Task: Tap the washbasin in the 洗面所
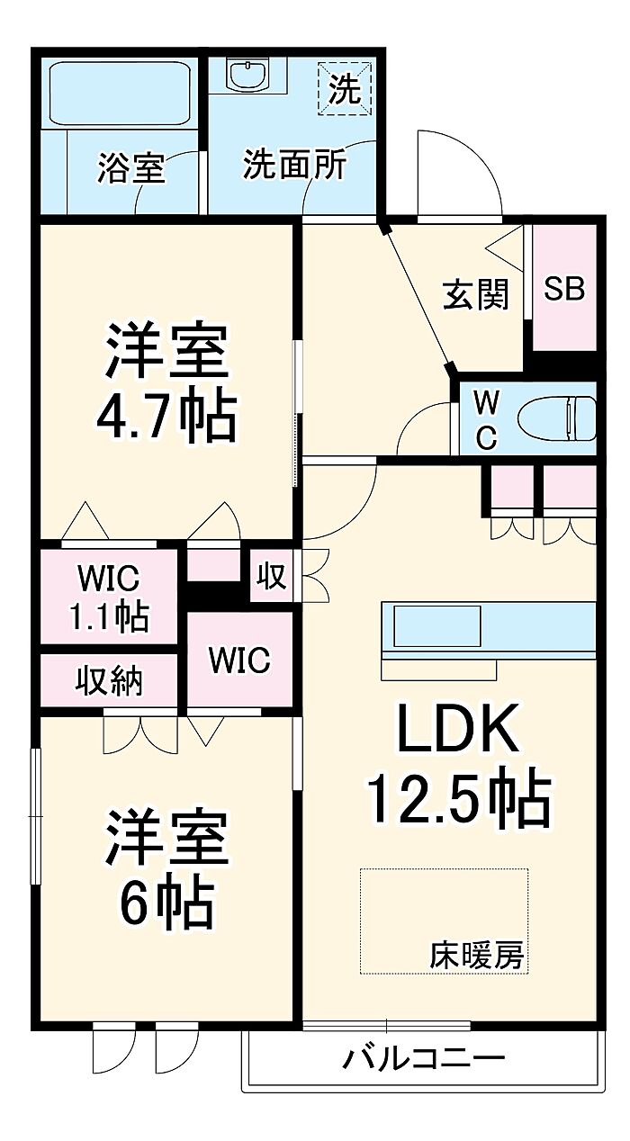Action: coord(248,76)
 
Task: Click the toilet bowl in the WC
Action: coord(557,418)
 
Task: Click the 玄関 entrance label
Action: coord(476,294)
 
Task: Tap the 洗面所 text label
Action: coord(295,164)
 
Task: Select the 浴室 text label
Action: coord(131,167)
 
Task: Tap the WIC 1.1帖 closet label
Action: coord(109,596)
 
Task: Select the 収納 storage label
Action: coord(109,680)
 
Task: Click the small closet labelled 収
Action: coord(271,577)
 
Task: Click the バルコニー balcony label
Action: coord(424,1058)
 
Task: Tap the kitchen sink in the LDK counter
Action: coord(437,626)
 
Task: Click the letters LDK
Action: coord(458,727)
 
